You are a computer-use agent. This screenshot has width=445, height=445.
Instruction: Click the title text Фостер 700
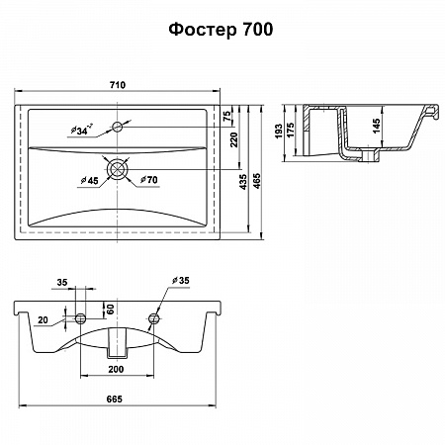point(221,30)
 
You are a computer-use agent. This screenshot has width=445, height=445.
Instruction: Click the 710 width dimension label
point(118,85)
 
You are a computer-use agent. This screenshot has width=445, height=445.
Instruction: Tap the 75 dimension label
point(227,116)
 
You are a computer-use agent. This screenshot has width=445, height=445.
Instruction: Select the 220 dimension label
point(233,139)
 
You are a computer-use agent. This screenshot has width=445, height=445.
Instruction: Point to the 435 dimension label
point(242,182)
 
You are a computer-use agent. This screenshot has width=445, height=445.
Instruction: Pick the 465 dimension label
point(256,181)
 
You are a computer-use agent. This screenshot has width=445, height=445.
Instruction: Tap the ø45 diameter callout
point(90,180)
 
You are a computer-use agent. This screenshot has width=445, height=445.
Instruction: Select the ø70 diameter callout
point(149,180)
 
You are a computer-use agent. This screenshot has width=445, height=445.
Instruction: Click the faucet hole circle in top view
point(118,127)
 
